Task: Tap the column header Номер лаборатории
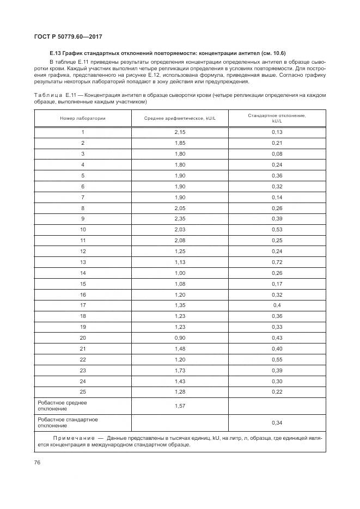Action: point(83,118)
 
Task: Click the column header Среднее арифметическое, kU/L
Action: point(180,118)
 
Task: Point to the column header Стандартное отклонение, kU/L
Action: point(277,118)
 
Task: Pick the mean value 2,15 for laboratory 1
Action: point(180,132)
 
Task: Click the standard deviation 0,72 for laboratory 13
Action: point(277,262)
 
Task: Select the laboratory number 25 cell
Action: point(83,391)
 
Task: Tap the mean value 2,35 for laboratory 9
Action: point(180,218)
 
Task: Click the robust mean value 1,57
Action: point(180,406)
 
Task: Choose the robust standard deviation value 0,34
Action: point(277,422)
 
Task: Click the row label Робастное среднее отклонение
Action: point(62,406)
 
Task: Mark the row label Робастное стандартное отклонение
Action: point(68,422)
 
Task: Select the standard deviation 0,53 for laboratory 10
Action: point(277,229)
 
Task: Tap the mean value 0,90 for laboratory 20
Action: point(180,337)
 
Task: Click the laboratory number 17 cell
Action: point(83,305)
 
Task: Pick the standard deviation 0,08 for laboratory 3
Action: point(277,154)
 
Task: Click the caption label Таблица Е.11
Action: point(53,95)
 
